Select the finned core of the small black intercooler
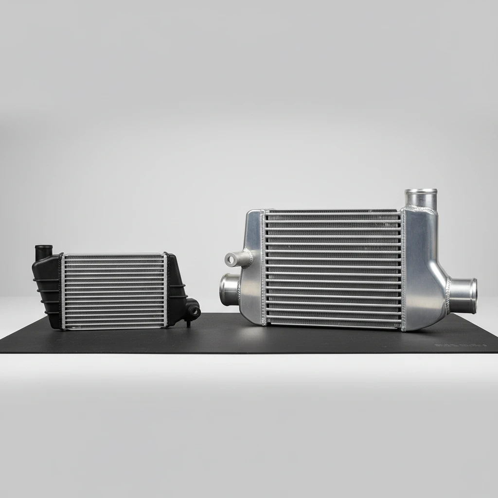click(x=114, y=290)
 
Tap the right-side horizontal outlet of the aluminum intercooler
click(x=464, y=292)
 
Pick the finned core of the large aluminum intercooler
click(x=333, y=268)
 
